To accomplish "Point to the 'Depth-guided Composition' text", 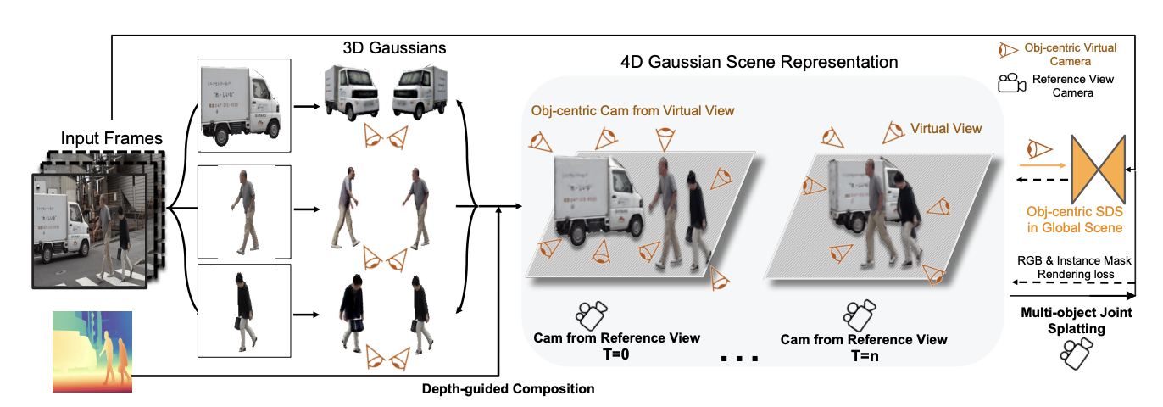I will (508, 389).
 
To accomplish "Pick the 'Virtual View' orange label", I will (946, 129).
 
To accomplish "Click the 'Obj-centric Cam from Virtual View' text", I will (632, 110).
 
